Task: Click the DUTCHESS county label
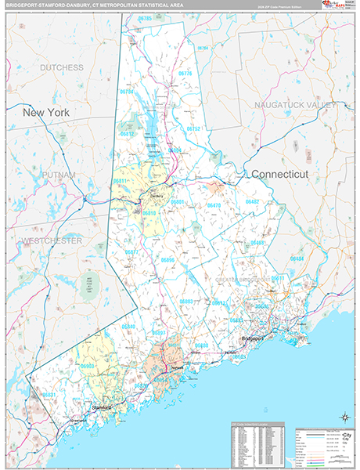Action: click(62, 68)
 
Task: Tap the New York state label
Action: click(46, 113)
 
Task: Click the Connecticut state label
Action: click(279, 173)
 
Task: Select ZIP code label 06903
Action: click(87, 366)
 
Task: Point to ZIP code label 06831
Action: click(49, 395)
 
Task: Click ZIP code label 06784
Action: click(127, 92)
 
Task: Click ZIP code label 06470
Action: click(213, 205)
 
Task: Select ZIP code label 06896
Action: click(167, 259)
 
